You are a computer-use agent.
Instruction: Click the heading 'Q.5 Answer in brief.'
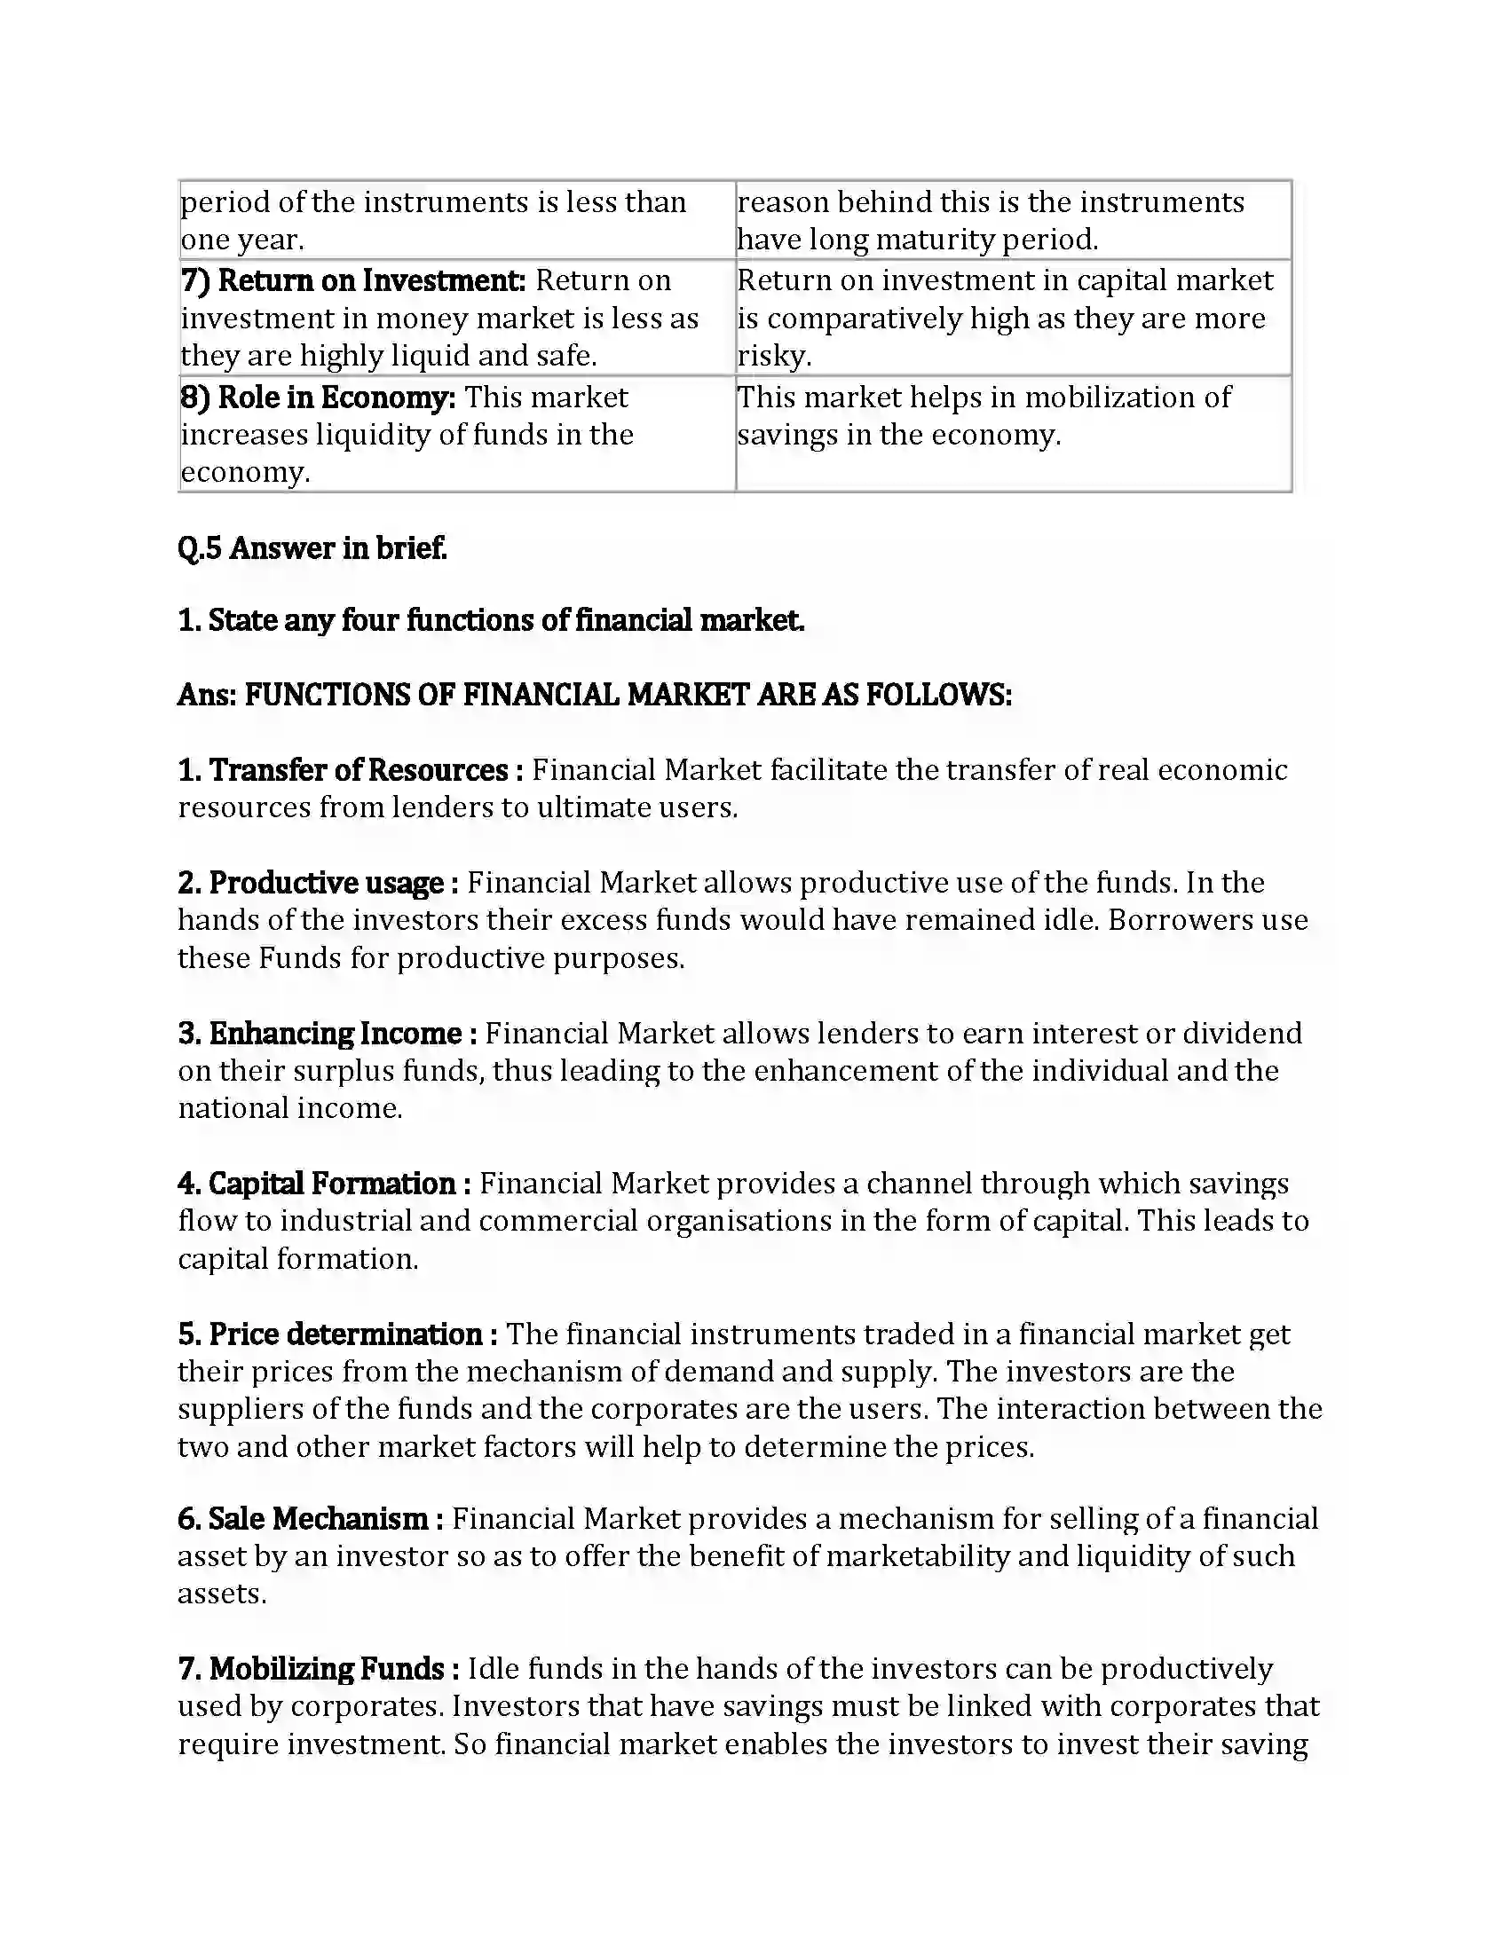(x=312, y=547)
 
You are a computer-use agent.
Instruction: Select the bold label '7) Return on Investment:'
(x=353, y=280)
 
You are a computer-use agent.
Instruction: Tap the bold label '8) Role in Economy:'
(x=318, y=397)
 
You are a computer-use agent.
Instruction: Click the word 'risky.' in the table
(x=774, y=356)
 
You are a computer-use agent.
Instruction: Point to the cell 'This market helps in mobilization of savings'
(x=984, y=415)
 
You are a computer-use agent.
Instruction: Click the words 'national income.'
(x=290, y=1108)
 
